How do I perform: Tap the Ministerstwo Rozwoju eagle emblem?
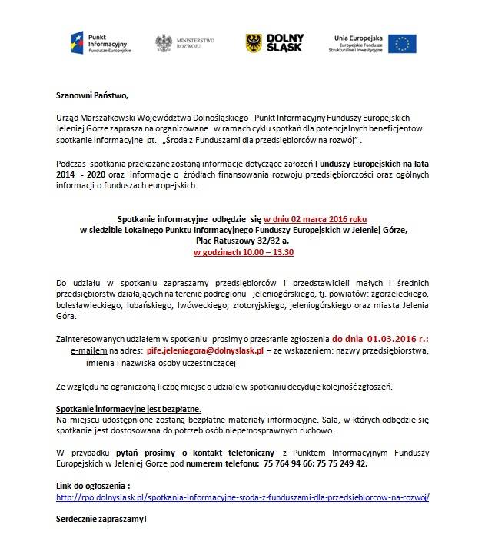164,44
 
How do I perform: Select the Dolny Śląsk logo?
274,43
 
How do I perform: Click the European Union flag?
403,43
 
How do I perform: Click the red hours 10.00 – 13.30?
243,251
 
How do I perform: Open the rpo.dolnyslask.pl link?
243,497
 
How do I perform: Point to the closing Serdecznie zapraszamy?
101,520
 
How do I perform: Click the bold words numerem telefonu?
220,463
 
